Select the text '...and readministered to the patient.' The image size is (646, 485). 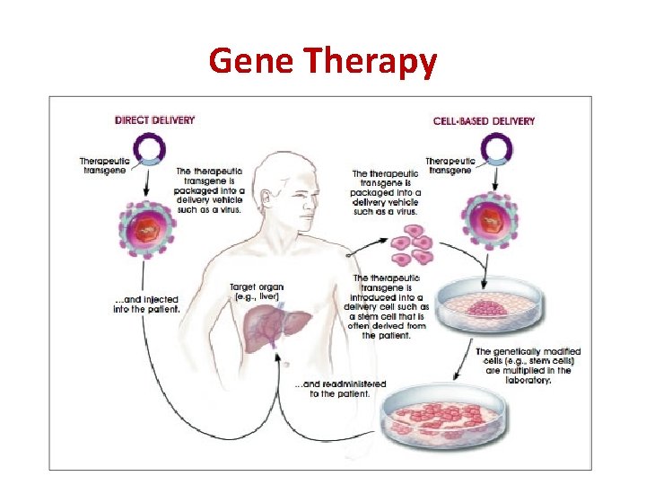342,389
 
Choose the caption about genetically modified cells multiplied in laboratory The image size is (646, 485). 528,366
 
